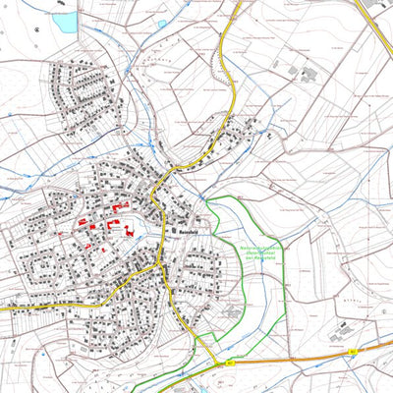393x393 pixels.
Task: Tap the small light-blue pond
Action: pyautogui.click(x=161, y=24)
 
